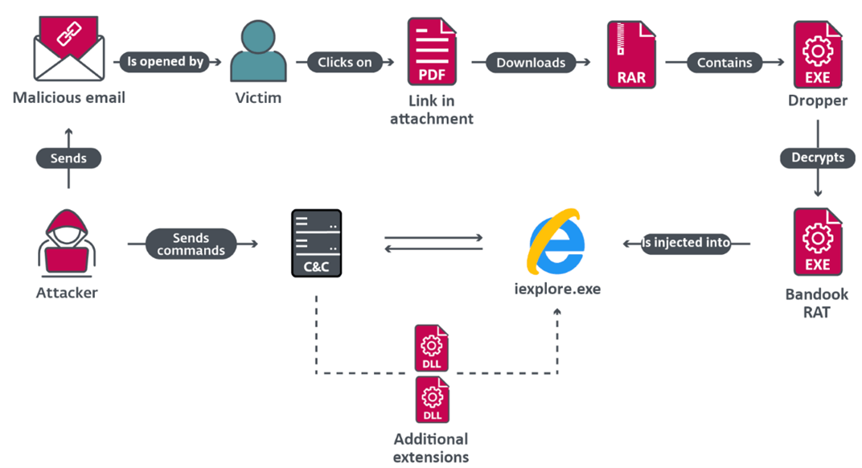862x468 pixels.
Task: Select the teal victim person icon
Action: [x=258, y=51]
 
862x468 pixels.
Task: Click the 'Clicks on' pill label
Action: [x=345, y=62]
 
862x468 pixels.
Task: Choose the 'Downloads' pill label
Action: [x=531, y=62]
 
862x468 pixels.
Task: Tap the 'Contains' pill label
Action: [x=724, y=62]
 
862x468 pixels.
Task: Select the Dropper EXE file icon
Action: [x=817, y=54]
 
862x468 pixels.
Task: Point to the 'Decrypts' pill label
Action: [x=817, y=158]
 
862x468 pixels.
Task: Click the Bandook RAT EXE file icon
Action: [x=817, y=242]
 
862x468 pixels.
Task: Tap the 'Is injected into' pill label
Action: [x=686, y=242]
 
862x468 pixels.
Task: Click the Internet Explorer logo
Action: [x=556, y=241]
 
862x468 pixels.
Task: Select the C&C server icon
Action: [x=316, y=244]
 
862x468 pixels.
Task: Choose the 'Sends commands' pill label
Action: [x=191, y=244]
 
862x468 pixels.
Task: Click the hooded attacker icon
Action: [x=68, y=241]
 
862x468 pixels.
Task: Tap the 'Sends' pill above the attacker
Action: [x=68, y=158]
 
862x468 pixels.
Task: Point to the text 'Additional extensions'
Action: [x=431, y=448]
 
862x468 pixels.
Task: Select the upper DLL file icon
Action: [x=431, y=348]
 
